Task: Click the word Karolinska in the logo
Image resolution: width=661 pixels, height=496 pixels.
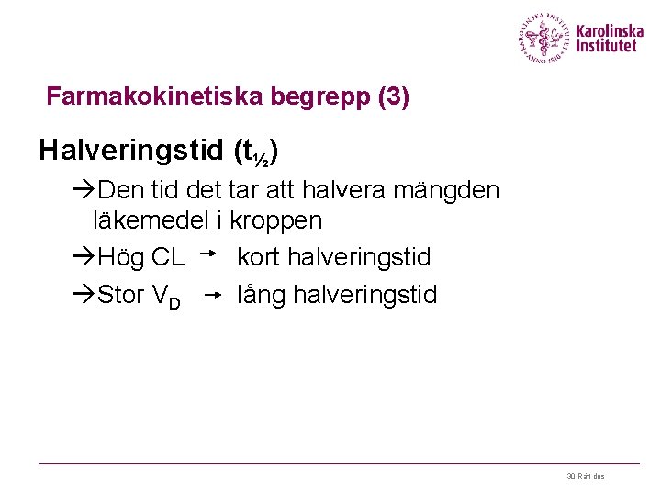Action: (x=611, y=29)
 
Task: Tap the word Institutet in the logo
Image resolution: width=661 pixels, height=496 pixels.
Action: (x=606, y=46)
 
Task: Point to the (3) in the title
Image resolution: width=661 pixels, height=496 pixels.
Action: (x=393, y=96)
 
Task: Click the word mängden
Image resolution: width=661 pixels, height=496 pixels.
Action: (x=456, y=191)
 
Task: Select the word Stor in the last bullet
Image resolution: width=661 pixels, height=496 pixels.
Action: (x=120, y=295)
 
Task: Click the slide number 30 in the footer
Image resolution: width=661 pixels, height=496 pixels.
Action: (x=571, y=476)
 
